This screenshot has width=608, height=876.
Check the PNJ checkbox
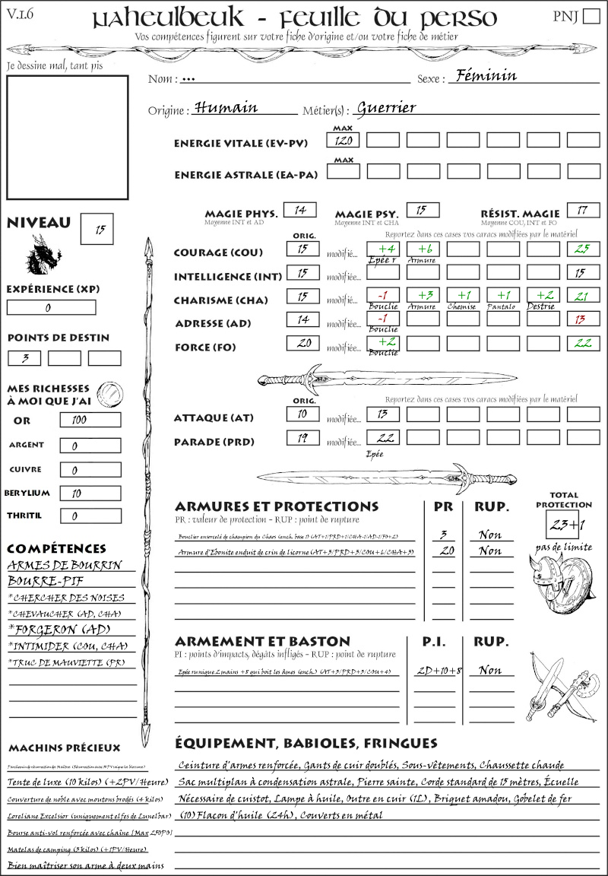tap(591, 17)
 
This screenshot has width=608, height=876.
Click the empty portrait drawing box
tap(67, 136)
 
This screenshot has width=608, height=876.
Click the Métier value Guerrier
tap(386, 107)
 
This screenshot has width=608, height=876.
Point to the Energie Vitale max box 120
tap(344, 140)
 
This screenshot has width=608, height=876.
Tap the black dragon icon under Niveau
tap(43, 255)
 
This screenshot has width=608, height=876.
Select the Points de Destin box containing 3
tap(24, 358)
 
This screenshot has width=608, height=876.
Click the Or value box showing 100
tap(90, 420)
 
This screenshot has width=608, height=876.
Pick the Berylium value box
tap(90, 493)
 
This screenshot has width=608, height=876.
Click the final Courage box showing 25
tap(583, 249)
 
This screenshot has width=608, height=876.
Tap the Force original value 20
tap(302, 344)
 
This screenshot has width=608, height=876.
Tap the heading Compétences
tap(56, 548)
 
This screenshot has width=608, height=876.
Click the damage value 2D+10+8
tap(439, 671)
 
